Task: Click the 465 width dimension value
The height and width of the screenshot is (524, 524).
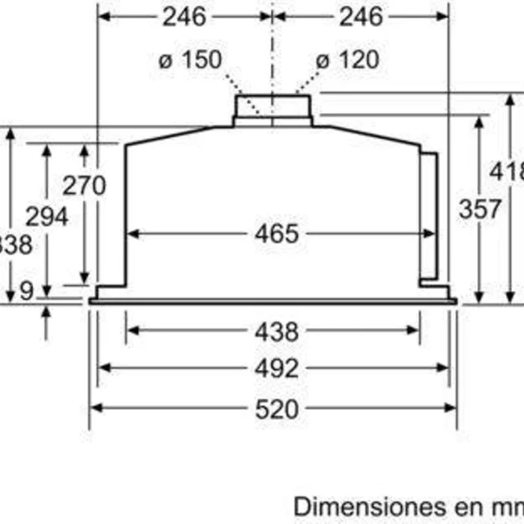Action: [276, 234]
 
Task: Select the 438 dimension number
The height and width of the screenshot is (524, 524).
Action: [276, 331]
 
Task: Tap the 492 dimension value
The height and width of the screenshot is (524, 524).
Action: [276, 368]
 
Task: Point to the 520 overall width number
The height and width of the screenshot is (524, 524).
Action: [276, 409]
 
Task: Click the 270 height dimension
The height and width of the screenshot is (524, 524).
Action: [84, 185]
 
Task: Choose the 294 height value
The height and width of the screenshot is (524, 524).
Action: [46, 217]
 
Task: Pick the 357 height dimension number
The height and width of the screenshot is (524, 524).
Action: [480, 210]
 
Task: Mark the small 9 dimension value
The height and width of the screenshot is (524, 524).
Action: [27, 291]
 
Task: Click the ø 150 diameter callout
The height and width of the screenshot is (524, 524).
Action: [190, 60]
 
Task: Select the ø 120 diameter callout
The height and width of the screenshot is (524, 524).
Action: [347, 60]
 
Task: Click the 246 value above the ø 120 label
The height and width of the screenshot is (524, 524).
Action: [360, 16]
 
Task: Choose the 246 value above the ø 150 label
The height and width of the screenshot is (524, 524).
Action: [185, 16]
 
